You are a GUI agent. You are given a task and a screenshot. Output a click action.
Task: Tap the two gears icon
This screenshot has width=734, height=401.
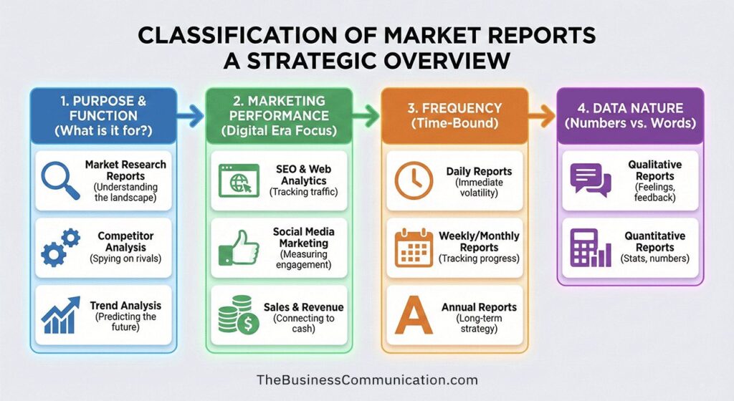[x=60, y=246]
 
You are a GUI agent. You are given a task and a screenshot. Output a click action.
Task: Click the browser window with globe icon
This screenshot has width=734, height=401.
[x=237, y=180]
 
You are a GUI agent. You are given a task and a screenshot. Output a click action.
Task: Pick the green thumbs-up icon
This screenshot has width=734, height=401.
[x=237, y=248]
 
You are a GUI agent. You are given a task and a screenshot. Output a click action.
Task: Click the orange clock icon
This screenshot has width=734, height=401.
[x=414, y=180]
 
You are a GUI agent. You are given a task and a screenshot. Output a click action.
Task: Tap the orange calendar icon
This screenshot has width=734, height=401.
[x=414, y=247]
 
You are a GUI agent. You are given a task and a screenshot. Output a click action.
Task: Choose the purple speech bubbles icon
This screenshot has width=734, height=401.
[x=590, y=180]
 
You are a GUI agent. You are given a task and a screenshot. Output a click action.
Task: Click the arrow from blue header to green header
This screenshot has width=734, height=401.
[x=190, y=114]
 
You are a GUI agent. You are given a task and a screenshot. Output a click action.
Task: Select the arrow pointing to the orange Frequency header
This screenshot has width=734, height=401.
[x=366, y=114]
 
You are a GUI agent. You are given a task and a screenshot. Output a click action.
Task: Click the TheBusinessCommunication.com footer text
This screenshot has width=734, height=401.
[x=366, y=380]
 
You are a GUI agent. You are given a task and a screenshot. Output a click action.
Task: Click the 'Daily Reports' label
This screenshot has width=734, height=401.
[x=479, y=172]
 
